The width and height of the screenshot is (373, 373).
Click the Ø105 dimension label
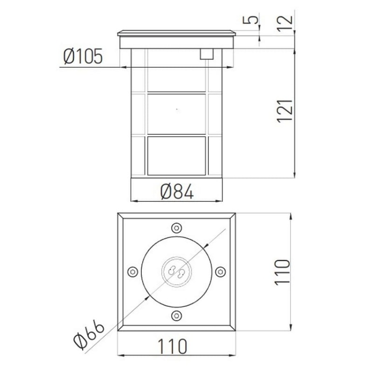click(x=83, y=57)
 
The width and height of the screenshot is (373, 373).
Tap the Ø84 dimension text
click(x=177, y=191)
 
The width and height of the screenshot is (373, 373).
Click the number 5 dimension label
click(x=253, y=20)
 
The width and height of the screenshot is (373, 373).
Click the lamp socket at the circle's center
click(x=177, y=272)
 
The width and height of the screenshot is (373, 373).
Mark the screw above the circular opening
click(x=177, y=228)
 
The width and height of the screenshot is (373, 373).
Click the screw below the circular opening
click(x=177, y=315)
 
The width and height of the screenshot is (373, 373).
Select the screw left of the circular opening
click(x=132, y=272)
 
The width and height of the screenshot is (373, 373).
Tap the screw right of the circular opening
click(x=220, y=272)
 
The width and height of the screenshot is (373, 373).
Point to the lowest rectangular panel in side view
click(x=177, y=156)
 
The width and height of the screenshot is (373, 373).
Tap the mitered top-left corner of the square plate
click(x=121, y=216)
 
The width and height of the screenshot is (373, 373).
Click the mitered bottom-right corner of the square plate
click(x=232, y=328)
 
